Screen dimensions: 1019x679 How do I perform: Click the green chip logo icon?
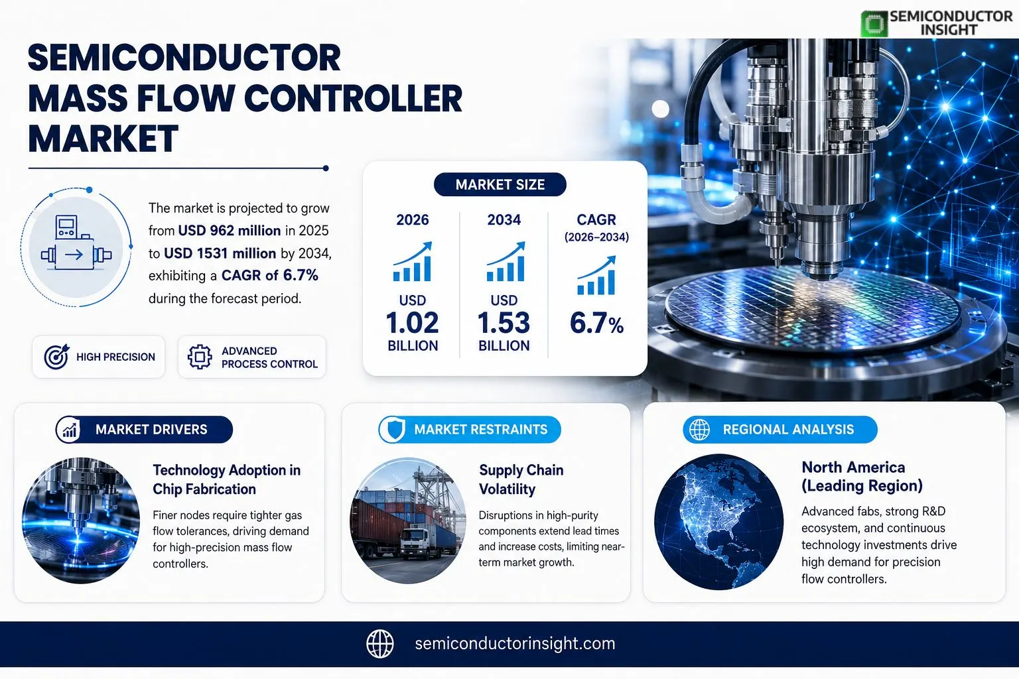click(874, 24)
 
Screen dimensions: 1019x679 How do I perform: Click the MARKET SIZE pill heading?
click(500, 184)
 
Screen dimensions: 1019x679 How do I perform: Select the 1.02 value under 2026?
click(412, 323)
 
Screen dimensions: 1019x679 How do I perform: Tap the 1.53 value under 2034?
click(504, 323)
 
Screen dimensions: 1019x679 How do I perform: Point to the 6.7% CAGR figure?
click(596, 324)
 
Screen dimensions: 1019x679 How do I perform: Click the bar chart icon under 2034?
click(506, 261)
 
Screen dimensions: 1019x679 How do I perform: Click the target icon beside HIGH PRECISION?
click(56, 357)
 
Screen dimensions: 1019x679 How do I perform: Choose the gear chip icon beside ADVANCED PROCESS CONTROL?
click(200, 357)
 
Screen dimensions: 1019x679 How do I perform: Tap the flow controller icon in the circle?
click(76, 243)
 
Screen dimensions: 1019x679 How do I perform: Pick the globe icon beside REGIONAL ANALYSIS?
click(699, 429)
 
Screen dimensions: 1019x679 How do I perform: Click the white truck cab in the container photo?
click(414, 540)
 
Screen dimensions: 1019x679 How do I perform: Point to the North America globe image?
click(718, 522)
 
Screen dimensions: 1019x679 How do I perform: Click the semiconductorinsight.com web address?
click(515, 644)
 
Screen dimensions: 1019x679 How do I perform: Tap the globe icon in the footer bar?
click(380, 644)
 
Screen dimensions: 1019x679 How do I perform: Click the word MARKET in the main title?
click(103, 139)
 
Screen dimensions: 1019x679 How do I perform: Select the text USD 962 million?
click(230, 231)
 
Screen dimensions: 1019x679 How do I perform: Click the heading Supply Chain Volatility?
click(521, 479)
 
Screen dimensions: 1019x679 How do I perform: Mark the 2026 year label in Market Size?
click(412, 219)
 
